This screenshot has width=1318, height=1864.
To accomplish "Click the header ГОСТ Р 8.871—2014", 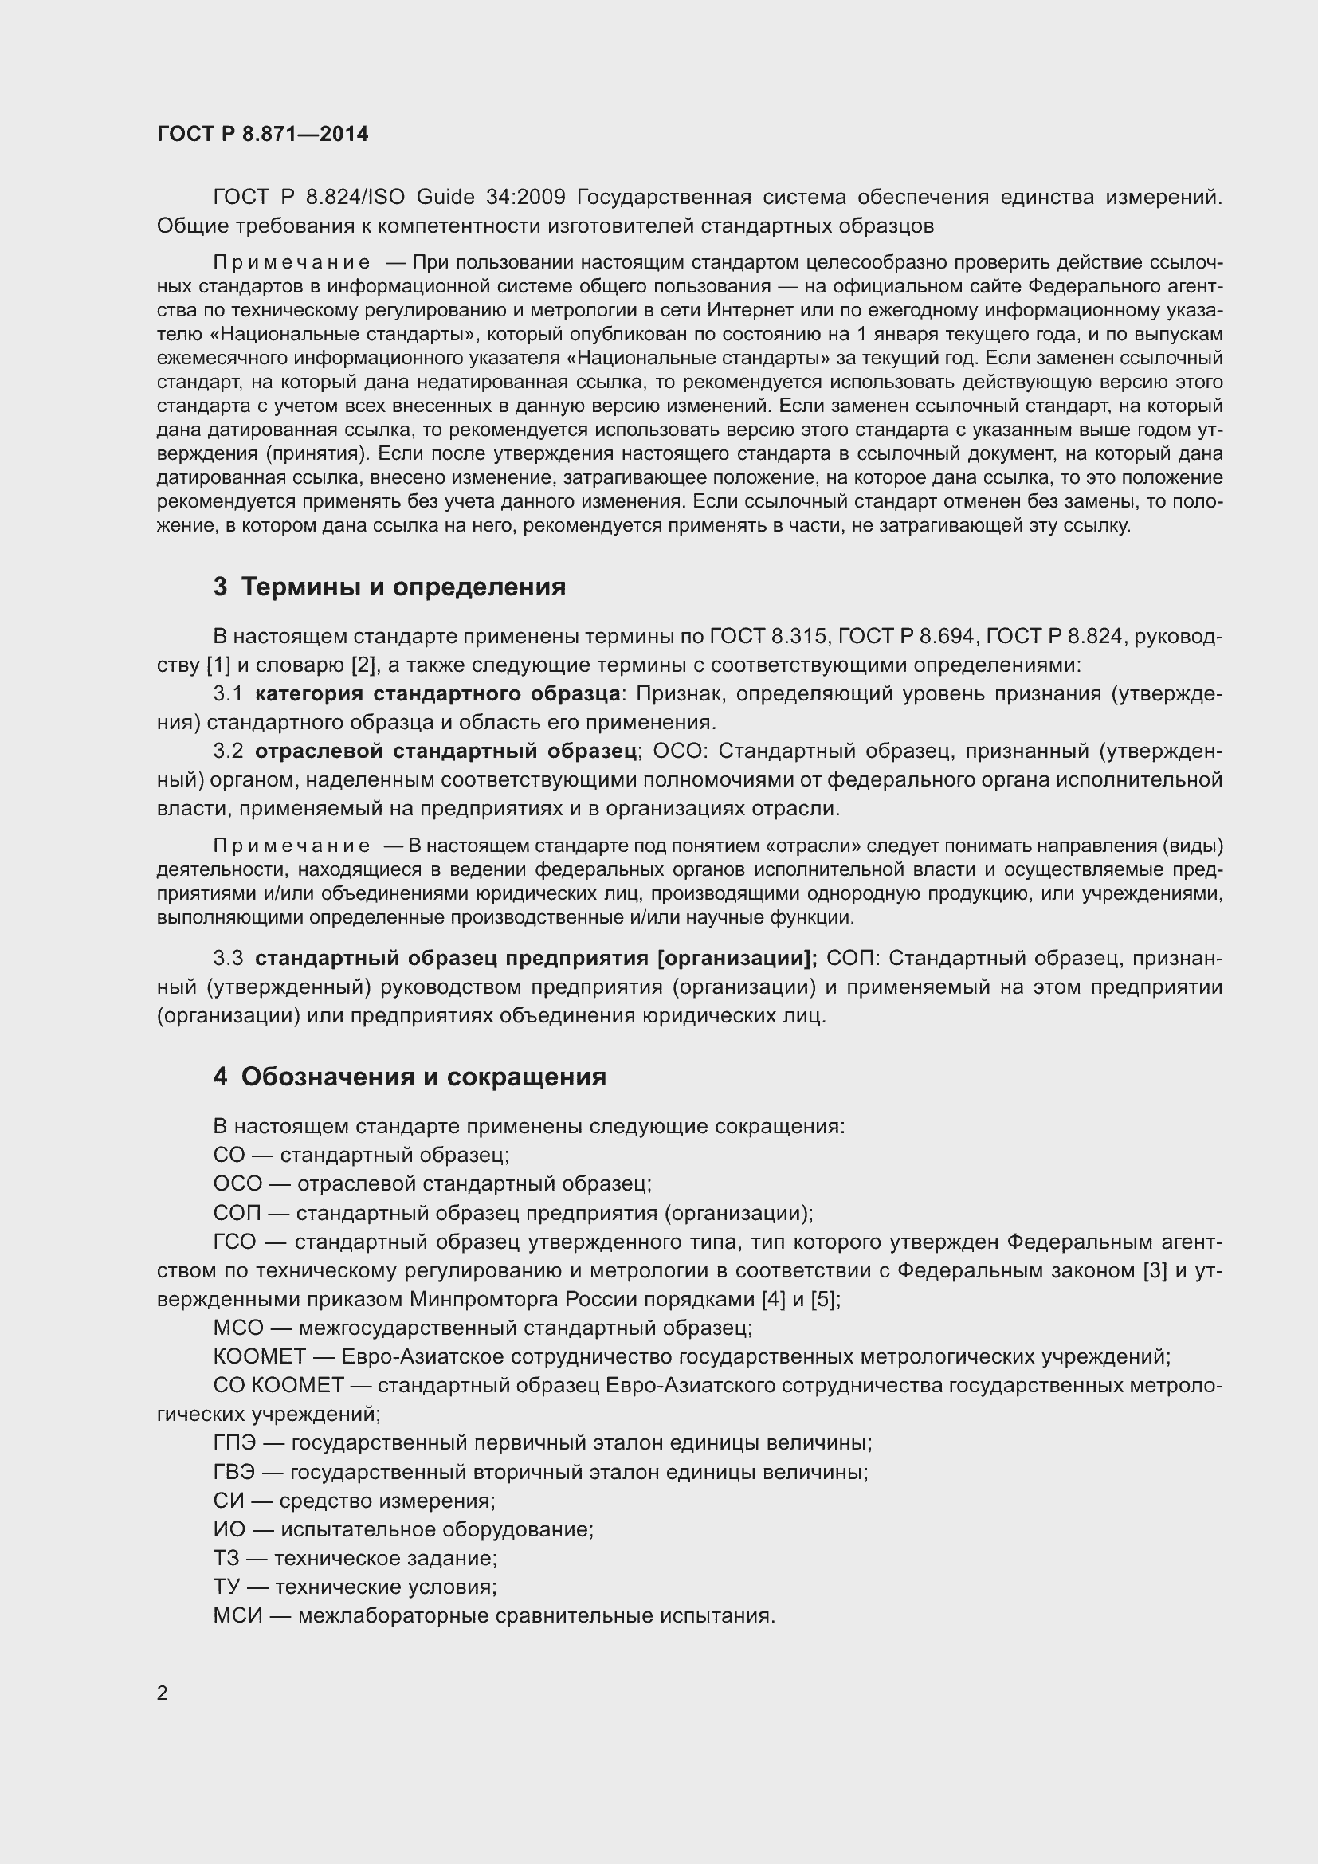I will click(x=262, y=134).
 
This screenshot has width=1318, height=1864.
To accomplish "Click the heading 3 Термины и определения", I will click(x=389, y=587).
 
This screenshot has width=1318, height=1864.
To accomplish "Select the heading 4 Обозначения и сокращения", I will click(x=409, y=1077).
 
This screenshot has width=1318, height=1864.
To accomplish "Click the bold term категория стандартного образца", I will click(x=437, y=693).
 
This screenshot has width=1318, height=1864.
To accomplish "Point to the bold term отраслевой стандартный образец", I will click(x=445, y=751).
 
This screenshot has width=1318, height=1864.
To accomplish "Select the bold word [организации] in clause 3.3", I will click(x=735, y=958).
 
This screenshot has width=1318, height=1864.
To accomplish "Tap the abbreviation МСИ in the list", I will click(x=237, y=1615).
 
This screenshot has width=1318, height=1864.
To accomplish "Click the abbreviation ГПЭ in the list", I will click(x=234, y=1442).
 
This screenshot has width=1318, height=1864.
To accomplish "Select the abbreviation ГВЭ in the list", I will click(x=233, y=1472).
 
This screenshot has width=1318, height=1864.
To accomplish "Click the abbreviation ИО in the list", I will click(x=229, y=1529).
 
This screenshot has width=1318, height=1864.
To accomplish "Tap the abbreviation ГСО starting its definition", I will click(x=234, y=1242).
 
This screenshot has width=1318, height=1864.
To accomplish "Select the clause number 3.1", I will click(x=228, y=693).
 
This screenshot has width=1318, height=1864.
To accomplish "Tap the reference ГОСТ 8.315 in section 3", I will click(x=767, y=637).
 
